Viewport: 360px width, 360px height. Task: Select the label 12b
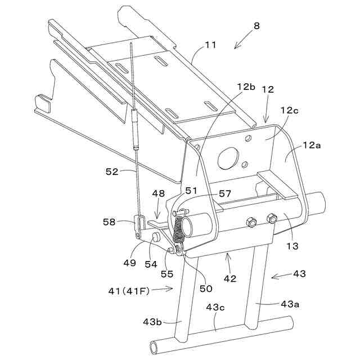click(246, 87)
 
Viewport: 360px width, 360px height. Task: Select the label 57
click(224, 194)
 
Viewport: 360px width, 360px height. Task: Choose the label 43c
click(215, 308)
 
